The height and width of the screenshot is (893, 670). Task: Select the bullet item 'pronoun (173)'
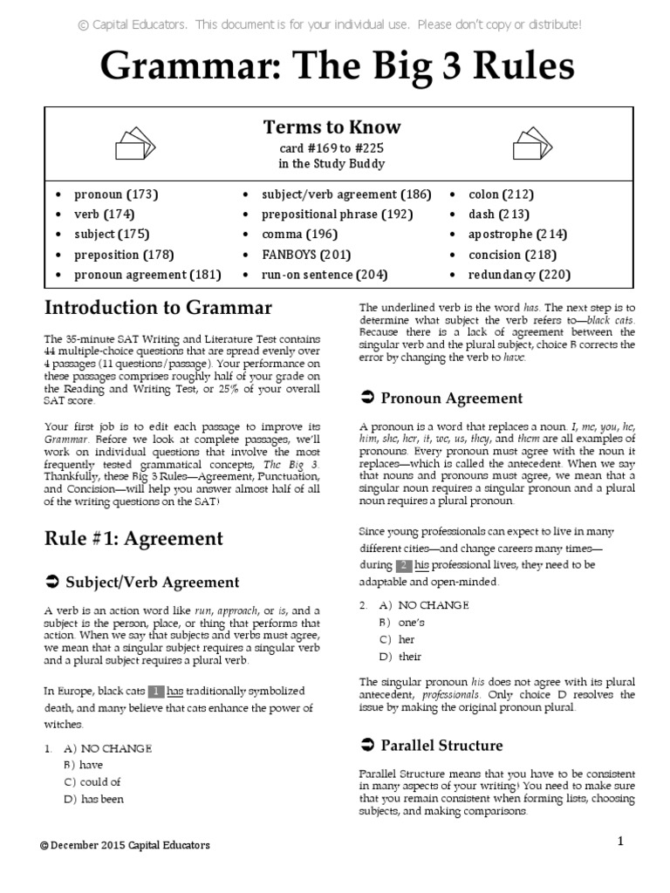click(x=115, y=194)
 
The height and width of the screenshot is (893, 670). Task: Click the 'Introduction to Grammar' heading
click(x=158, y=308)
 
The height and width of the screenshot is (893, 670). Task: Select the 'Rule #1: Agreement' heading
click(x=133, y=538)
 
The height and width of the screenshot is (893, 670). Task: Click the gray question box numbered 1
click(x=156, y=692)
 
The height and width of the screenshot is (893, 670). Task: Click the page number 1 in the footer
click(x=621, y=841)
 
